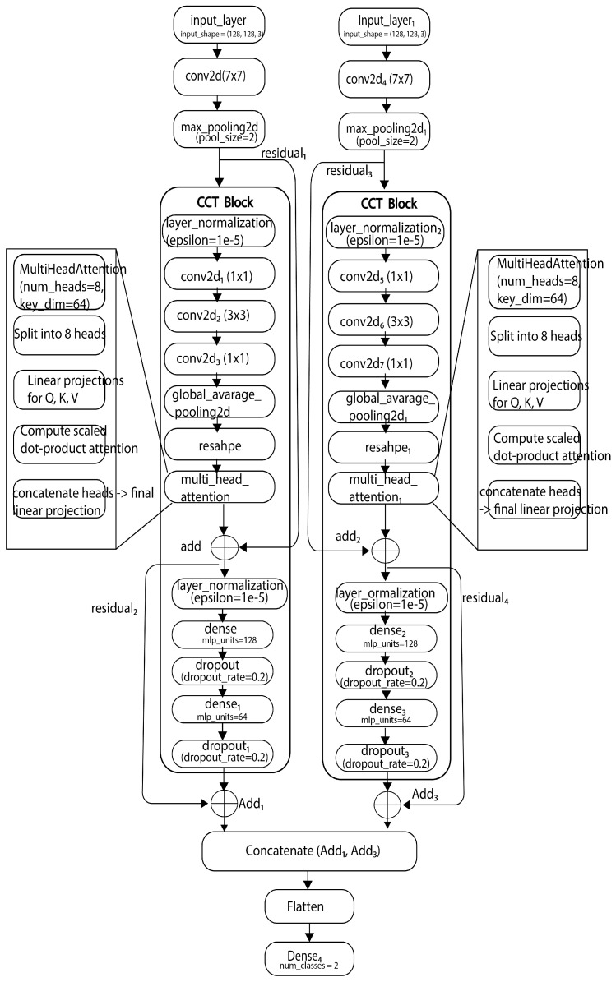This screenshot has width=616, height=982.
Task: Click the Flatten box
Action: (309, 907)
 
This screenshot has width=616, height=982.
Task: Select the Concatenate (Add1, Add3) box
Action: (309, 852)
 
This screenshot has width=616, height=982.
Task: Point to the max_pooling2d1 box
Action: (383, 130)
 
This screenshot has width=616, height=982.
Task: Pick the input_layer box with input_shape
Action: (216, 25)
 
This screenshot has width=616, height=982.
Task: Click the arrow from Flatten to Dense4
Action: (309, 931)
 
